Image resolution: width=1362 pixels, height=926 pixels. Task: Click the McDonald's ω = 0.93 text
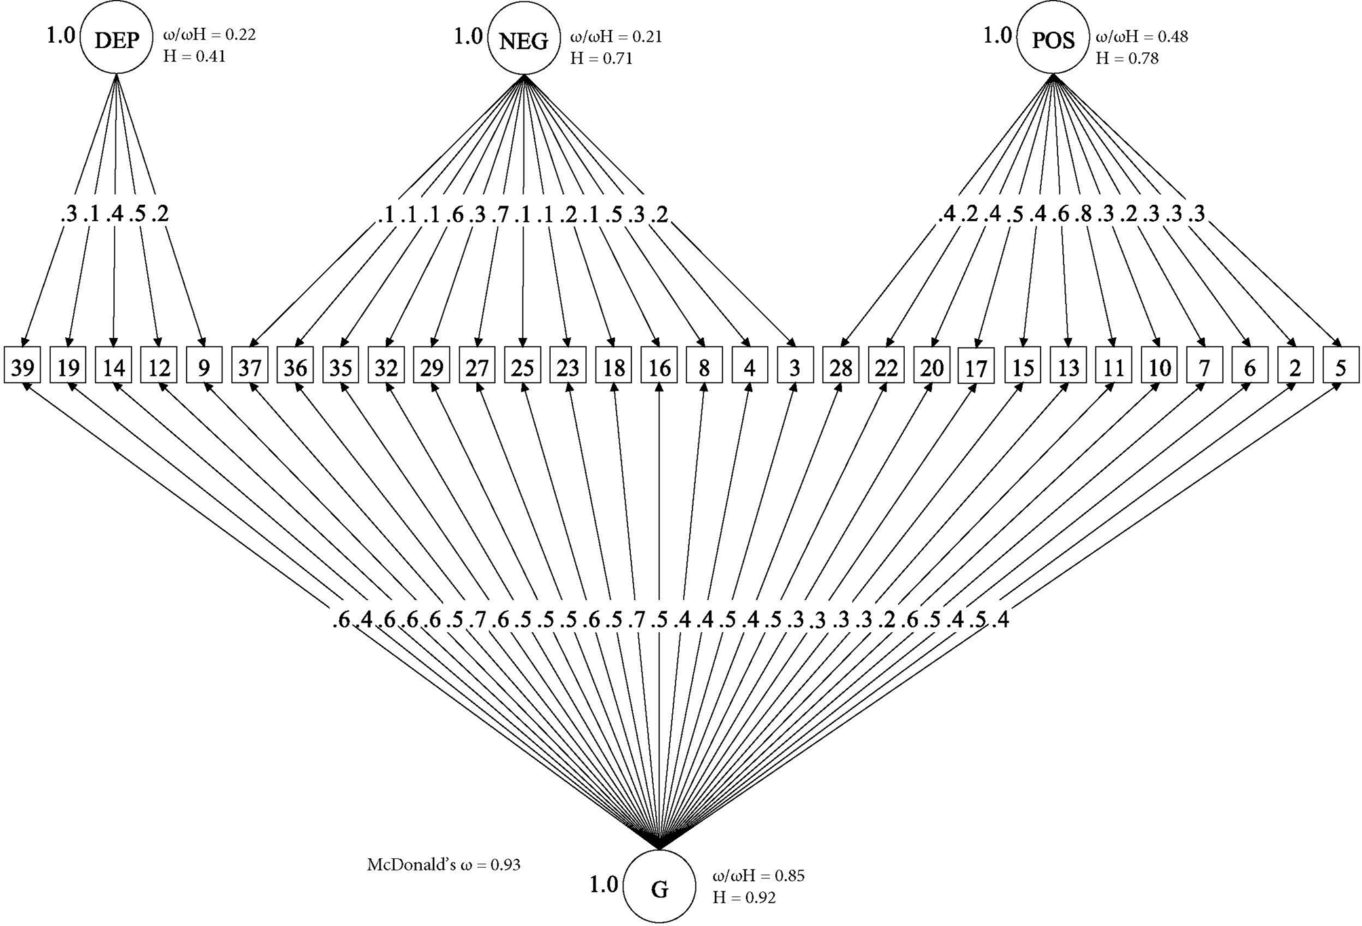(444, 865)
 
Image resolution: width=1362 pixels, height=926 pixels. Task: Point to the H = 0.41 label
(194, 56)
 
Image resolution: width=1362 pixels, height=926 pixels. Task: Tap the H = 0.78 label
(1127, 58)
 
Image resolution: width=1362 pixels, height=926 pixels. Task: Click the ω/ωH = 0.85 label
(758, 876)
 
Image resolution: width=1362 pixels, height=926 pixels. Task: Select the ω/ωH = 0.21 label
(616, 36)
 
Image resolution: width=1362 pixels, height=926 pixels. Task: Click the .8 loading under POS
(1084, 214)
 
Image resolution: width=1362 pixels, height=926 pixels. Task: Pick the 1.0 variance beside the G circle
(603, 885)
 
